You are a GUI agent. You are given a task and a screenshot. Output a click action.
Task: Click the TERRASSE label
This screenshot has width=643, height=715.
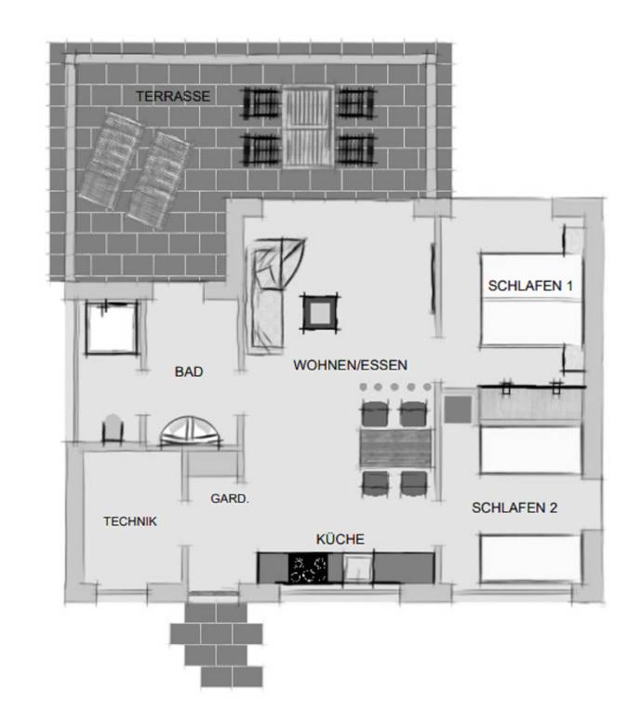point(173,96)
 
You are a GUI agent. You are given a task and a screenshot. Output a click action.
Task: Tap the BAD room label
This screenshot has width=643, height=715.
point(189,371)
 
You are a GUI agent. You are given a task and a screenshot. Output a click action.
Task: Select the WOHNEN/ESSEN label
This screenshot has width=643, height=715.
point(350,365)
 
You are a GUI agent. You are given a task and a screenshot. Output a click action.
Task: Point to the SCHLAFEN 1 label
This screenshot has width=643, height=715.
point(530,286)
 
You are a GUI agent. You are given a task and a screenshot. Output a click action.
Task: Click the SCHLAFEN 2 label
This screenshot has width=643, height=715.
point(515,507)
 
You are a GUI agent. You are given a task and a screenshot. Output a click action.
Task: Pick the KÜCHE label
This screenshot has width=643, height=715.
point(340,539)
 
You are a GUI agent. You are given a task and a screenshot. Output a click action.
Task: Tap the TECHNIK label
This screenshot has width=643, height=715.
point(130,521)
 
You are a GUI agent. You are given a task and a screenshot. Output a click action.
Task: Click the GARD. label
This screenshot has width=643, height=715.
point(230,498)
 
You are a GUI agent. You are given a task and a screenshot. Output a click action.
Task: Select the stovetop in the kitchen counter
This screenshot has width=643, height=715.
point(308,568)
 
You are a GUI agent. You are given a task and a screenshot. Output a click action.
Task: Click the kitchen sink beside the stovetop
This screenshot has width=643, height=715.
point(357,568)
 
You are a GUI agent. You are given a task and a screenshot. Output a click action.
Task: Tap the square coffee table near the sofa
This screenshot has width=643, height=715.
point(320,313)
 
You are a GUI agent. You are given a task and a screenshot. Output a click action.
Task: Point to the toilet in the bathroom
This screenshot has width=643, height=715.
point(113,428)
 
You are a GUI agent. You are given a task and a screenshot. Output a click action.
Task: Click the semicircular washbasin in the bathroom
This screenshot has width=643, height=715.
point(190,432)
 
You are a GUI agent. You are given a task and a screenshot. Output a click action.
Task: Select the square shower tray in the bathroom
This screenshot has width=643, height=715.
point(111,328)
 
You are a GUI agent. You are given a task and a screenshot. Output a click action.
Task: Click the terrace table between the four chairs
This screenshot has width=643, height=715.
point(308,127)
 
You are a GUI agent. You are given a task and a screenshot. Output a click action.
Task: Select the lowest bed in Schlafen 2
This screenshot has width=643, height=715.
point(530,559)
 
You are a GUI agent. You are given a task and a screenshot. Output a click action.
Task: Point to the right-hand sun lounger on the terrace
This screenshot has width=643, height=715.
point(158,180)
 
